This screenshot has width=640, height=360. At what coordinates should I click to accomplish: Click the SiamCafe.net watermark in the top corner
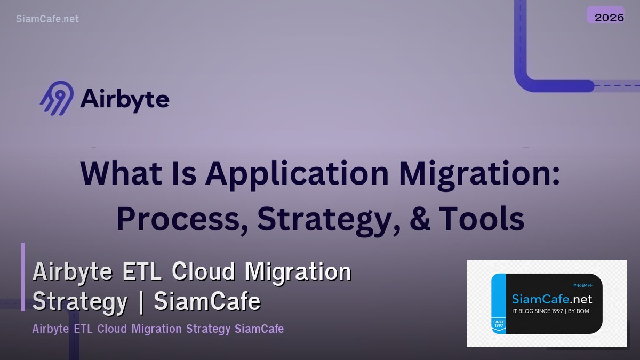(x=47, y=19)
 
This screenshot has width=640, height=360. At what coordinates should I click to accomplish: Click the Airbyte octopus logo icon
(x=57, y=98)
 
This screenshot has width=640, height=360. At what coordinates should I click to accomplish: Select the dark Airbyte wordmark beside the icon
(x=125, y=99)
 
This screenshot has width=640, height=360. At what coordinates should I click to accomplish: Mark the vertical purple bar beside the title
(x=23, y=277)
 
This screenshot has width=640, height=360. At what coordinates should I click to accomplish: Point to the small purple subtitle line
(x=158, y=329)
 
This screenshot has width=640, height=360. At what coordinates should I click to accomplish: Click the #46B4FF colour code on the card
(x=582, y=286)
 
